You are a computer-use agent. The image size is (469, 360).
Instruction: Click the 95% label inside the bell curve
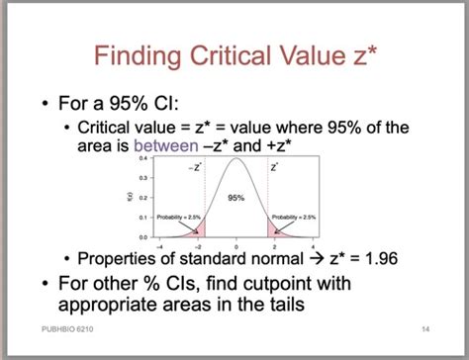point(236,198)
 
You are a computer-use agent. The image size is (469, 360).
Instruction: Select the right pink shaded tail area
point(276,230)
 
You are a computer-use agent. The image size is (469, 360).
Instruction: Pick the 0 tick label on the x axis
point(236,244)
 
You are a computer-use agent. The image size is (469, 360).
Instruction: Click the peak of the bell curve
point(236,160)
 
